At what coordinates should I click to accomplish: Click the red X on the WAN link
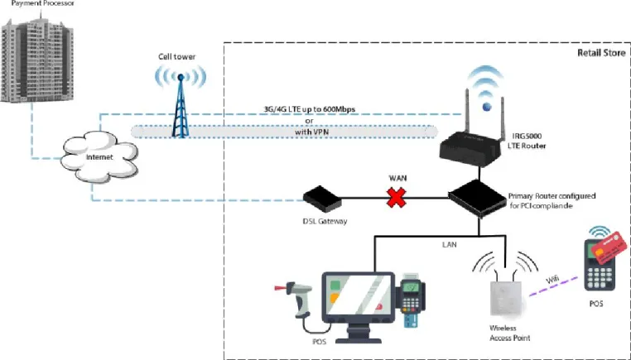pyautogui.click(x=397, y=198)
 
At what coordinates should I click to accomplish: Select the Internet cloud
pyautogui.click(x=99, y=157)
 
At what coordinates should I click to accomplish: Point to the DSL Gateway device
pyautogui.click(x=322, y=199)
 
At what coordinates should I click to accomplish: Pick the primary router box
pyautogui.click(x=477, y=199)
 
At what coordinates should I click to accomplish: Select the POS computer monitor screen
pyautogui.click(x=359, y=294)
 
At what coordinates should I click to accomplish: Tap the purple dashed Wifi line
pyautogui.click(x=553, y=286)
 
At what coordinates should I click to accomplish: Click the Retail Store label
pyautogui.click(x=601, y=53)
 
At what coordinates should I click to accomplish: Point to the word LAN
pyautogui.click(x=450, y=244)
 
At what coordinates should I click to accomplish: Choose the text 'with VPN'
pyautogui.click(x=311, y=132)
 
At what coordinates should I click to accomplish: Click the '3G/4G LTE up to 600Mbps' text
pyautogui.click(x=309, y=109)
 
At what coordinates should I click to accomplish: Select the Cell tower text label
pyautogui.click(x=176, y=57)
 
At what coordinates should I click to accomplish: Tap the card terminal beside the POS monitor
pyautogui.click(x=411, y=298)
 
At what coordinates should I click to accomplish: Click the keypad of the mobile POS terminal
pyautogui.click(x=600, y=274)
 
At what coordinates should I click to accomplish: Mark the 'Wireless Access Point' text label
pyautogui.click(x=509, y=333)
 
